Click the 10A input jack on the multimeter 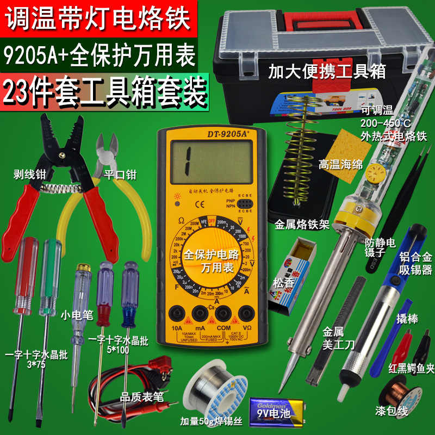[176, 314]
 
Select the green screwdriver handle [50, 272]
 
